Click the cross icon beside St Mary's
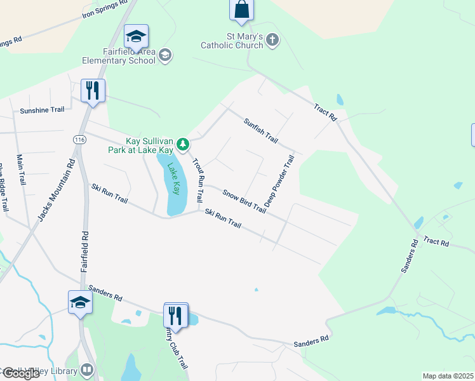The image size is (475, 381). pos(272,41)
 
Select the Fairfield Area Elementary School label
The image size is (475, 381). pos(119,56)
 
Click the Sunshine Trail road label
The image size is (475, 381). pos(42,110)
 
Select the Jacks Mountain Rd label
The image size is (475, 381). pos(55,189)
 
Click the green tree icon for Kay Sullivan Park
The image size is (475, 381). pos(183,145)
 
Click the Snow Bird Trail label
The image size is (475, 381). pos(244,199)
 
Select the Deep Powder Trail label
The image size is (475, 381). pos(280,182)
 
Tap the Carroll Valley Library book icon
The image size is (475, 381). pos(86,370)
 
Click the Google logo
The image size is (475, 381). pos(21,373)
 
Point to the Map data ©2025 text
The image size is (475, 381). pos(448,376)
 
